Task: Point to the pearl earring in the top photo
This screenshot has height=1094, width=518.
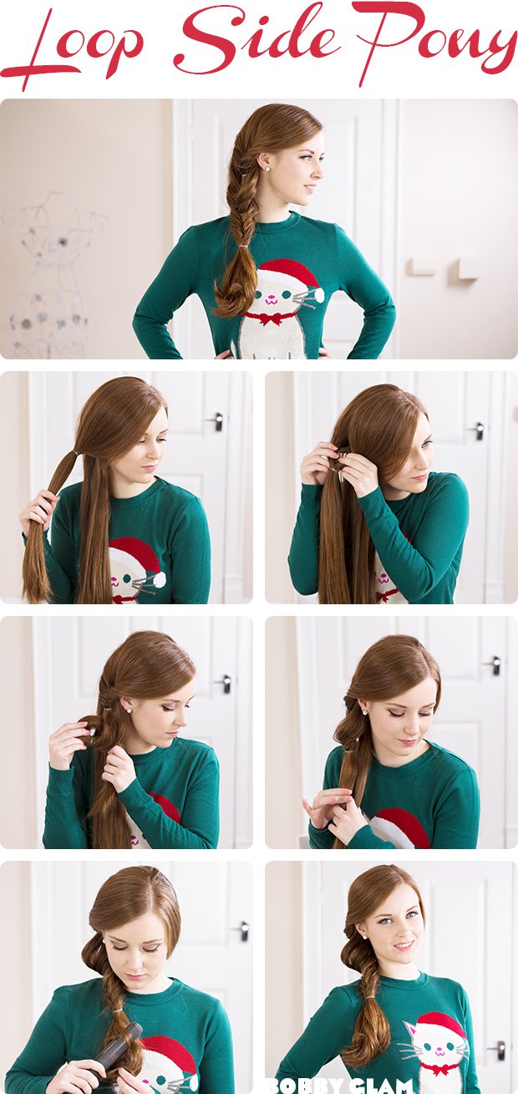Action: pos(267,168)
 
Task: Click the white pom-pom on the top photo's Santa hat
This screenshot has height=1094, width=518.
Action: pos(317,294)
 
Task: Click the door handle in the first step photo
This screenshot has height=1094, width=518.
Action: pos(217,421)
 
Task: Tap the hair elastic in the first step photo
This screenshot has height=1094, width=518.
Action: pos(73,455)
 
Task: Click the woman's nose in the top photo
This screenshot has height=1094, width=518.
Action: pos(319,173)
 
